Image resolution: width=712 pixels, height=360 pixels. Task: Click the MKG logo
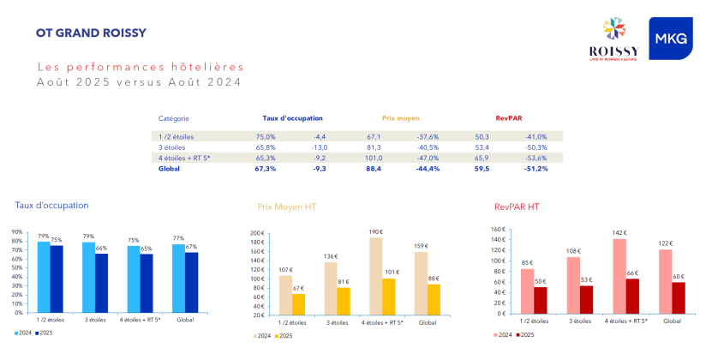pos(670,39)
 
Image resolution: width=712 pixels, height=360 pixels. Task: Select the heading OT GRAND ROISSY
pos(91,33)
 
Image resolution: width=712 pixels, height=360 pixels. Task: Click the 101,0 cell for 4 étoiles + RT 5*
pos(374,158)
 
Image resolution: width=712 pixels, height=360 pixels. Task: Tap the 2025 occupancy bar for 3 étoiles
pos(102,282)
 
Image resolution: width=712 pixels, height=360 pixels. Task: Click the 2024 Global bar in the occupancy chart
pos(178,278)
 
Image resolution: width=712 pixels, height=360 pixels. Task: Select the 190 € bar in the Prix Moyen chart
pos(376,276)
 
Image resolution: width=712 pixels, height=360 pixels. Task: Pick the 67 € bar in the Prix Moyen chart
pos(298,304)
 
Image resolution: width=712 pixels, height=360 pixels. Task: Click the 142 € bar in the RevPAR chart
pos(619,276)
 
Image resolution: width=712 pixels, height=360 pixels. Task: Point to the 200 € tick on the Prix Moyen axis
pos(257,233)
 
